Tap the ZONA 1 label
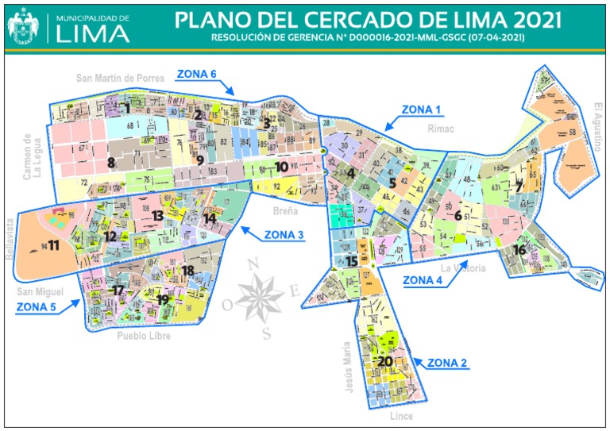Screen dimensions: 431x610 coord(421,109)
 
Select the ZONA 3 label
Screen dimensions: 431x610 coord(284,234)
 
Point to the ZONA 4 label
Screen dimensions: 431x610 coord(423,279)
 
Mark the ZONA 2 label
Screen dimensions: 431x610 coord(447,364)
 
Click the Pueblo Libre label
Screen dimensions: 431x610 coord(144,337)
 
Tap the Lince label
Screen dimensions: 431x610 coord(402,416)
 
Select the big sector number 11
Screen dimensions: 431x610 coord(53,245)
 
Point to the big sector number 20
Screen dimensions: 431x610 coord(384,361)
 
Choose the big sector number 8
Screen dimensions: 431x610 coord(111,163)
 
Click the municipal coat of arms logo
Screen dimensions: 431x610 coord(24,26)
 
